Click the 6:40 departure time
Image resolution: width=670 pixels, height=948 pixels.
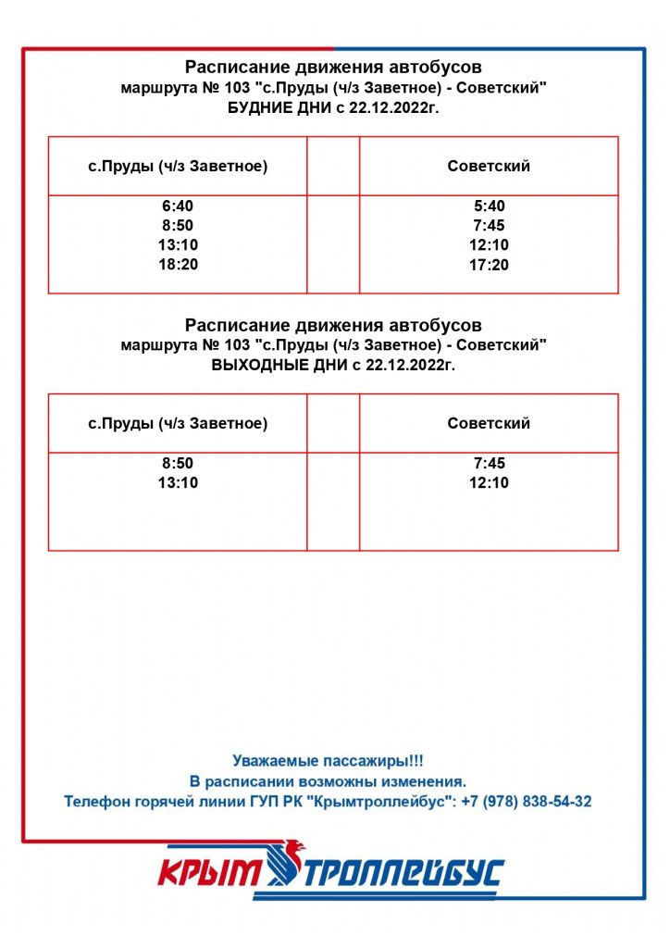[178, 206]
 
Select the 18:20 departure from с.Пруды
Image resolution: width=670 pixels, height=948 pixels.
[178, 265]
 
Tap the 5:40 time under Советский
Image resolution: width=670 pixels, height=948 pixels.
[489, 206]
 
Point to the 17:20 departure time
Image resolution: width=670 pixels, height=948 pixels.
[489, 266]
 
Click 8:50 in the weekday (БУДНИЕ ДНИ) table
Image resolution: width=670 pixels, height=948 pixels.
[178, 226]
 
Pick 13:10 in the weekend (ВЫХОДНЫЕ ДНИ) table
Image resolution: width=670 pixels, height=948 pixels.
[178, 482]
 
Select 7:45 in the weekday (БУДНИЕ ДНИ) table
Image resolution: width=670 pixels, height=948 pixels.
[489, 226]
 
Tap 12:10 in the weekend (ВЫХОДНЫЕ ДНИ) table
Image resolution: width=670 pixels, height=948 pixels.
[489, 482]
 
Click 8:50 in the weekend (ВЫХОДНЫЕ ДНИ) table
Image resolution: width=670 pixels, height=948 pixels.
[178, 463]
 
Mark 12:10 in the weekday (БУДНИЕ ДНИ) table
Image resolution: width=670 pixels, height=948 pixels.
[489, 245]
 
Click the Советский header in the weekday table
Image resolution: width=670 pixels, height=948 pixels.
[489, 167]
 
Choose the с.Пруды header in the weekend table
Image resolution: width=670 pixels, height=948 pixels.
[178, 423]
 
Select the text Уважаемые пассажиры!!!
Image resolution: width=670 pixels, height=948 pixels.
[328, 761]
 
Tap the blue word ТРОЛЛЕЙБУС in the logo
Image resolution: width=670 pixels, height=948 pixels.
[407, 872]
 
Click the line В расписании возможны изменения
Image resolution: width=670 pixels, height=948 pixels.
[328, 781]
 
